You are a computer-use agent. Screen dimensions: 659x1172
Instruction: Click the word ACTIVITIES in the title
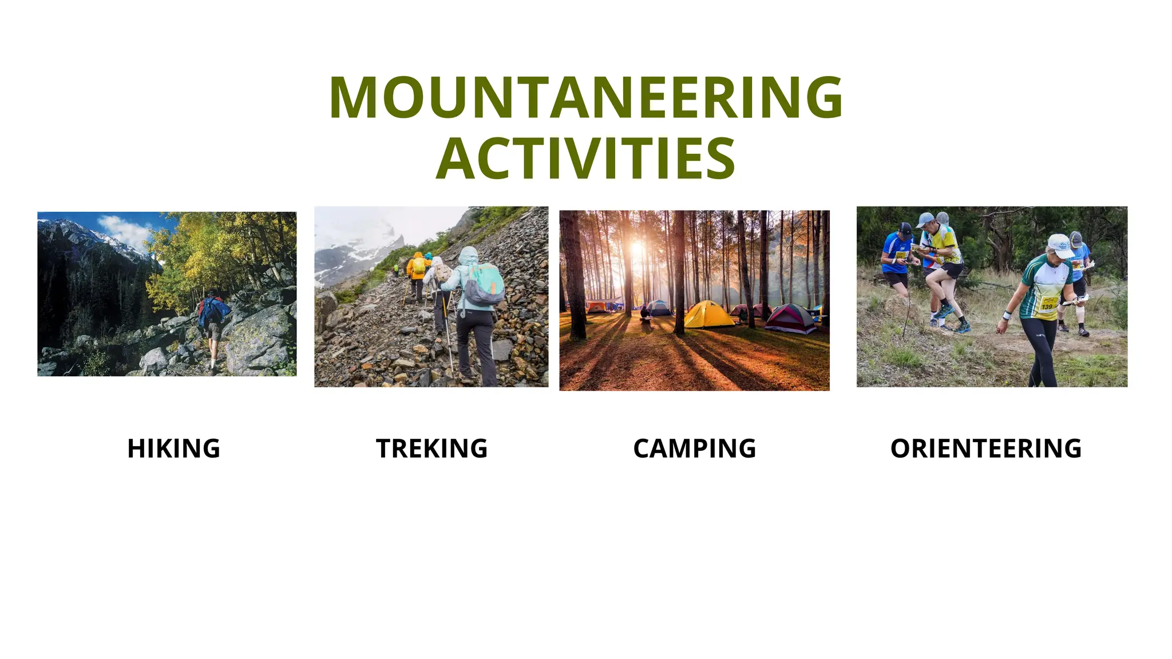pyautogui.click(x=585, y=158)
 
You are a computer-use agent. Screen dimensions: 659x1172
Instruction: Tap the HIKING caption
pyautogui.click(x=173, y=448)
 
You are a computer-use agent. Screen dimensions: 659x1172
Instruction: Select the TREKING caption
pyautogui.click(x=431, y=448)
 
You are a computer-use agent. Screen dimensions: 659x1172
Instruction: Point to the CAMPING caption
pyautogui.click(x=694, y=448)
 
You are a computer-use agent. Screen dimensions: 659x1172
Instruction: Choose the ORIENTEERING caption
pyautogui.click(x=985, y=448)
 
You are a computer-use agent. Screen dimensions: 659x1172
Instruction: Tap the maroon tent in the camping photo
pyautogui.click(x=791, y=319)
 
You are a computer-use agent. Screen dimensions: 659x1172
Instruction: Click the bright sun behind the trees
pyautogui.click(x=637, y=249)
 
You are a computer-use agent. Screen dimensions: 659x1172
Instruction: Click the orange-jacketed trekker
pyautogui.click(x=418, y=269)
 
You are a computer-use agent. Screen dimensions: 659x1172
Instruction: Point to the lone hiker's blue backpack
pyautogui.click(x=213, y=311)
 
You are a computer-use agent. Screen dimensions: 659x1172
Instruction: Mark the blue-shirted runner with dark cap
pyautogui.click(x=897, y=257)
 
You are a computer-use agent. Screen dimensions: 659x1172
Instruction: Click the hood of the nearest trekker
pyautogui.click(x=469, y=255)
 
